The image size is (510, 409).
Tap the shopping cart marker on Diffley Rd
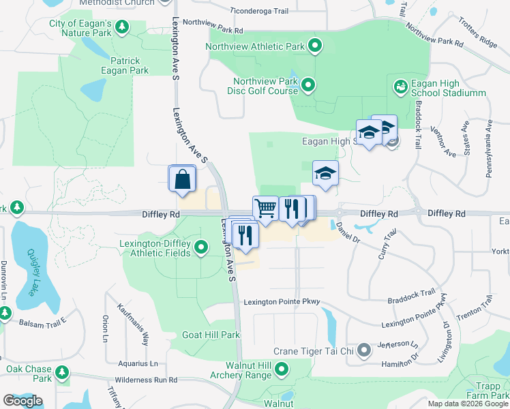point(265,208)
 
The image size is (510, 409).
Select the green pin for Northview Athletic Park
point(314,47)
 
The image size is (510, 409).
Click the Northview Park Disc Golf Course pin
point(308,85)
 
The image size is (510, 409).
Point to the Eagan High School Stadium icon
point(400,87)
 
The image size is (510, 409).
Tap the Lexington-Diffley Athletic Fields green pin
point(201,247)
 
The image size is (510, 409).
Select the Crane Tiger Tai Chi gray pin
point(364,350)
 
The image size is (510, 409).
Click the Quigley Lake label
point(31,271)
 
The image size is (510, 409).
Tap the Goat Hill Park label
point(211,335)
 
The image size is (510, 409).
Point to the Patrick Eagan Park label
point(130,65)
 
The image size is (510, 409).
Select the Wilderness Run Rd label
point(146,380)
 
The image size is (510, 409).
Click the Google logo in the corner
point(22,401)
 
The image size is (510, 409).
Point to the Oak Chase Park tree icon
point(62,372)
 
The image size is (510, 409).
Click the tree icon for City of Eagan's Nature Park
point(121,27)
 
